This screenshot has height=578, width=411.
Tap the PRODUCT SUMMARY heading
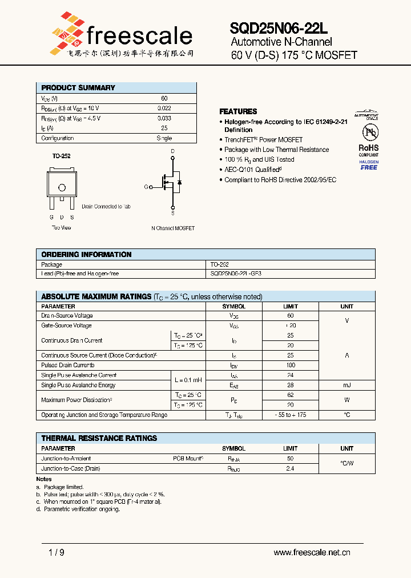point(78,88)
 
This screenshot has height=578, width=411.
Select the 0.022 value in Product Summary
point(164,108)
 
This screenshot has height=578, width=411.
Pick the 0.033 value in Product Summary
point(164,118)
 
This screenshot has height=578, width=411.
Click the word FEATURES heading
point(238,111)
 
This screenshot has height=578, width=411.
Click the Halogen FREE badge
point(369,165)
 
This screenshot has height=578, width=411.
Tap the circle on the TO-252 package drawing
point(62,187)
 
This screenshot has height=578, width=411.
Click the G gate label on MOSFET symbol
point(146,187)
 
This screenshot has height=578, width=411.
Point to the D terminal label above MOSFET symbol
point(172,151)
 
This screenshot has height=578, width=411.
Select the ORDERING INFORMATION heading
point(86,254)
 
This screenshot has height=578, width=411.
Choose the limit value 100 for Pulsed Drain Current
point(291,365)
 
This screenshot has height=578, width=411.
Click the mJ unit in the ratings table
point(346,386)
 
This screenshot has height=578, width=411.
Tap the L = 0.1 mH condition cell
point(188,380)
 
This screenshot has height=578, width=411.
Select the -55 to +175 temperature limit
point(291,415)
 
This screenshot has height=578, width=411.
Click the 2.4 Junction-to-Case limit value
point(291,468)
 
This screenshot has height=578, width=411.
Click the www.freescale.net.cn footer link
point(312,552)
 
